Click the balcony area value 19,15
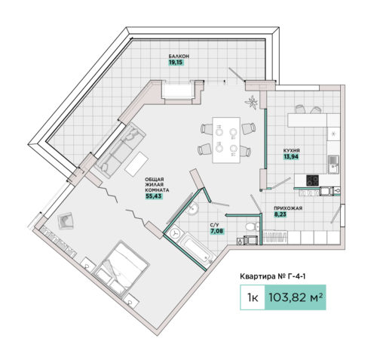[x=176, y=63]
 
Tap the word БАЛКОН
[x=179, y=57]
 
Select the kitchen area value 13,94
[x=291, y=157]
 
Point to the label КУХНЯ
[x=291, y=151]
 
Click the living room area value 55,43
[x=154, y=196]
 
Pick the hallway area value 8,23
[x=280, y=214]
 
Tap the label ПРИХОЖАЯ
[x=288, y=208]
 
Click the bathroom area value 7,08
[x=216, y=231]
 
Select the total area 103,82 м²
[x=296, y=297]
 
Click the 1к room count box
[x=253, y=297]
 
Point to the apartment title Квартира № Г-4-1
[x=273, y=276]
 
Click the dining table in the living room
[x=226, y=140]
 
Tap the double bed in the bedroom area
[x=121, y=267]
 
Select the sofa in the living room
[x=121, y=150]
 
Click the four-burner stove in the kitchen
[x=312, y=180]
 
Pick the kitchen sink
[x=333, y=165]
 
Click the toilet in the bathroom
[x=252, y=226]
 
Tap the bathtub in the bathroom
[x=198, y=249]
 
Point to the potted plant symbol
[x=252, y=102]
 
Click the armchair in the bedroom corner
[x=66, y=220]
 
